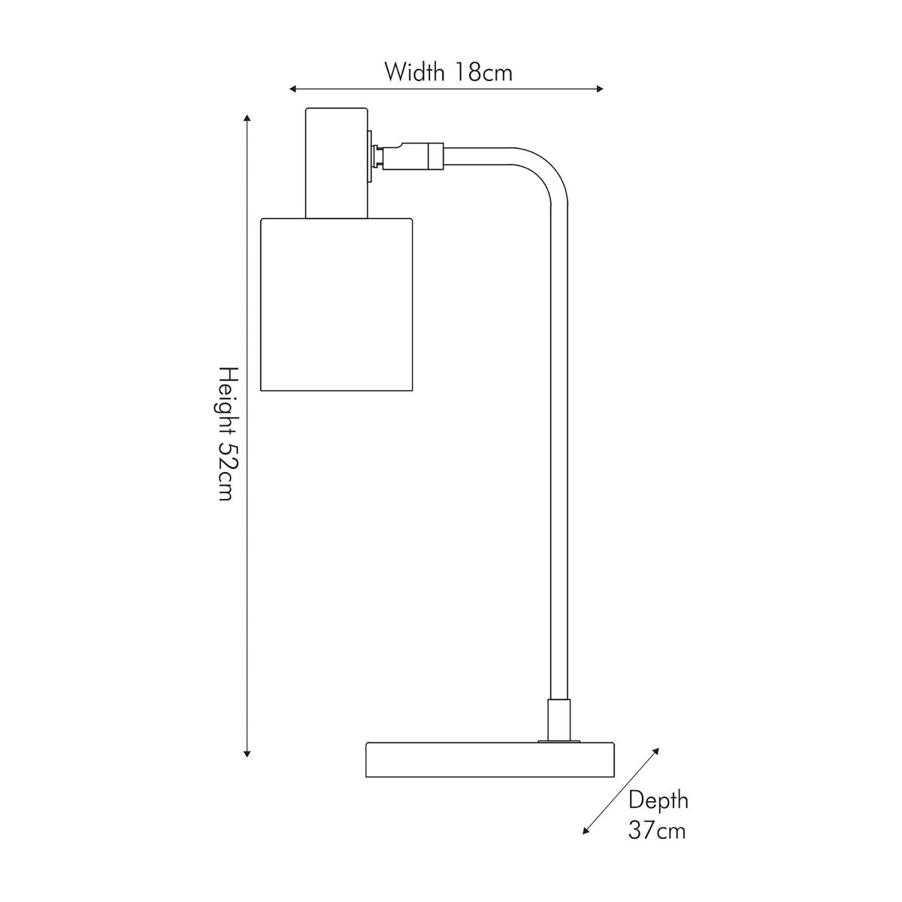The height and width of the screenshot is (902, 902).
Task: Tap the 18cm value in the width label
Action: [x=483, y=73]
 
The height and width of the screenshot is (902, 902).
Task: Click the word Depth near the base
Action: [x=658, y=801]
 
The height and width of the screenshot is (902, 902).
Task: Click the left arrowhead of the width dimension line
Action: [x=293, y=89]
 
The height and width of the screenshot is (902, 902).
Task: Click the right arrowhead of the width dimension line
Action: [x=600, y=89]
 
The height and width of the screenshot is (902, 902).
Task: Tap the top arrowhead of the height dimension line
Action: [x=247, y=119]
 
